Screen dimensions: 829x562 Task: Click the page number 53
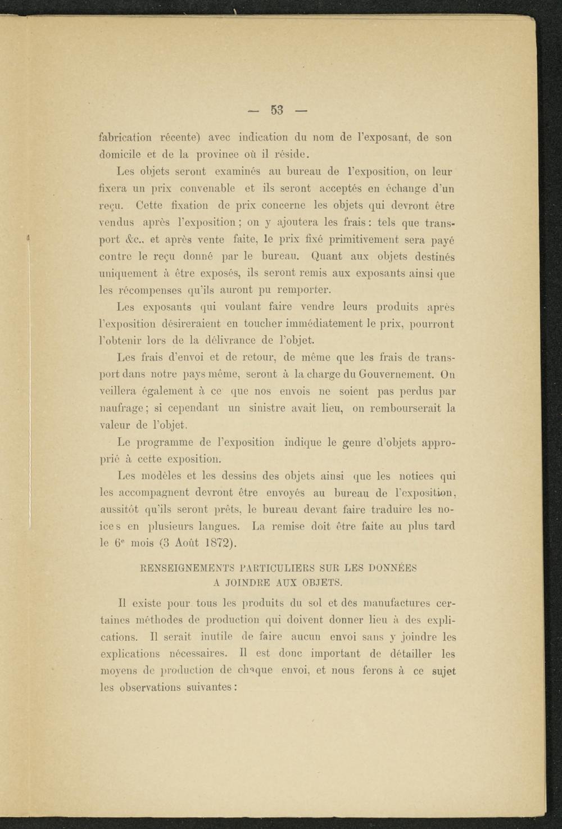(x=277, y=110)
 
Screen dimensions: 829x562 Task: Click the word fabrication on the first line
(x=125, y=137)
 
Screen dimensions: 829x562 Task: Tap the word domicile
(x=119, y=154)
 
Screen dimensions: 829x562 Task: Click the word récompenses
(x=149, y=291)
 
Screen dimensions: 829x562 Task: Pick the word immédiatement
(x=324, y=324)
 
